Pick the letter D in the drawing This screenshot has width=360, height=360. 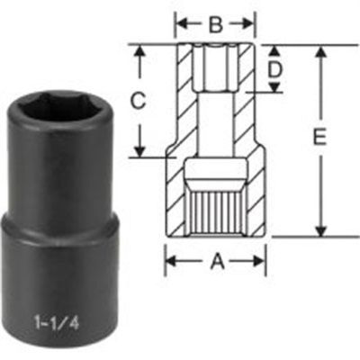278,68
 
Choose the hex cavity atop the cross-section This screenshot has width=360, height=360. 215,67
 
